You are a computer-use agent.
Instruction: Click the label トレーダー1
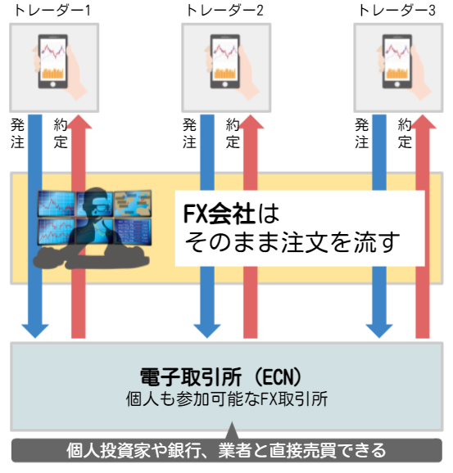pos(52,11)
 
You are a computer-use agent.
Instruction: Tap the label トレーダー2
pos(225,11)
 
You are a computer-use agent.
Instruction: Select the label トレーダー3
pos(396,11)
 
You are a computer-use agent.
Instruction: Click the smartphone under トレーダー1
pos(53,61)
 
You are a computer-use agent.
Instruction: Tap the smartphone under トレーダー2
pos(225,61)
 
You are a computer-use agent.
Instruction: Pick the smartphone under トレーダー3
pos(397,61)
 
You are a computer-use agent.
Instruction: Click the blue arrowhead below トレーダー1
pos(35,331)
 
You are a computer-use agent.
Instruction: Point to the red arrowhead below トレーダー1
pos(79,122)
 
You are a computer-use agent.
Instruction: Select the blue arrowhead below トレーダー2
pos(207,331)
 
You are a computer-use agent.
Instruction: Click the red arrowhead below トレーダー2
pos(251,122)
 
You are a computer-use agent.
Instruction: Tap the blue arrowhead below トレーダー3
pos(379,331)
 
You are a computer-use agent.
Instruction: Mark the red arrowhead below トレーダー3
pos(423,122)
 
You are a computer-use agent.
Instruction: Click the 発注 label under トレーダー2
pos(189,133)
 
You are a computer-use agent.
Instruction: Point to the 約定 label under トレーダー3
pos(405,133)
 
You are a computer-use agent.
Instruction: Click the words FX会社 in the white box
pos(220,214)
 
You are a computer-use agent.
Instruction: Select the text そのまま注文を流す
pos(292,242)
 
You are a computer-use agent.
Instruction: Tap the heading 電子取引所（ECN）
pos(220,376)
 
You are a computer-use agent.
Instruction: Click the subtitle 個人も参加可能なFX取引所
pos(227,399)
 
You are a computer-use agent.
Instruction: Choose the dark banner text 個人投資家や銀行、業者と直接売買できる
pos(226,450)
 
